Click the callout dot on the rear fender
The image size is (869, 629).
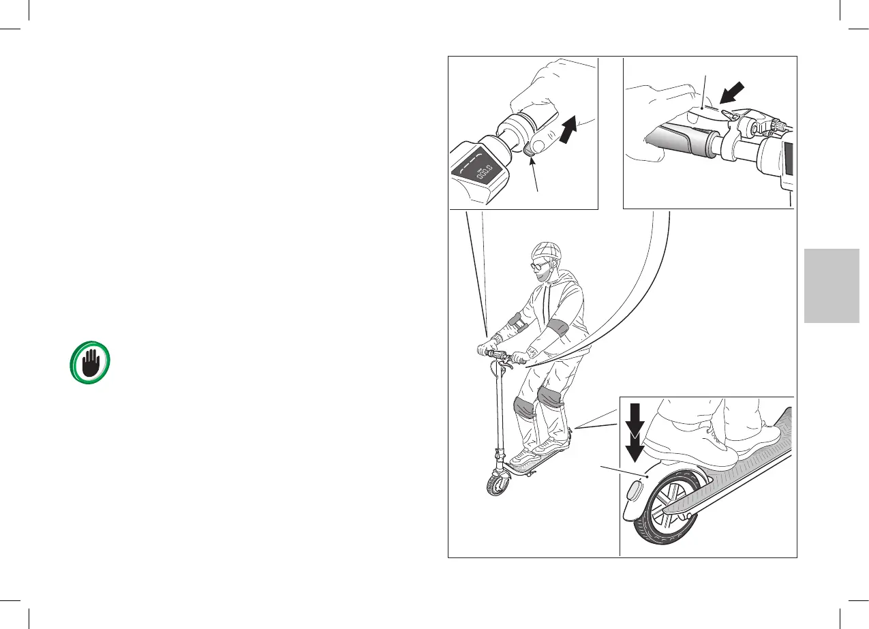click(643, 476)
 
